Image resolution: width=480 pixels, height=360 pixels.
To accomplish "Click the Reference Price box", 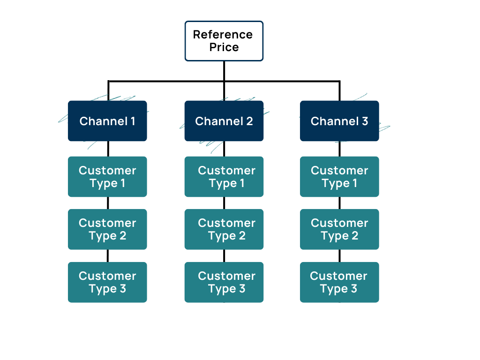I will click(224, 41).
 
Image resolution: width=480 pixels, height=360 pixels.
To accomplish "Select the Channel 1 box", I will click(107, 121).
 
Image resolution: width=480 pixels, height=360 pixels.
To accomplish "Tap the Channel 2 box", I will click(224, 121).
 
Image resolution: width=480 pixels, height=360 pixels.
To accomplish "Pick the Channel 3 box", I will click(339, 121).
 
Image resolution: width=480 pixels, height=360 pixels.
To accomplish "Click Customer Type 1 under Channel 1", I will click(107, 177).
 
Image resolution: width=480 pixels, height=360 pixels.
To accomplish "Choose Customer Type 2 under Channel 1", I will click(107, 229).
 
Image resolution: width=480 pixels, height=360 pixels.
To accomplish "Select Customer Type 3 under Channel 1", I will click(107, 282).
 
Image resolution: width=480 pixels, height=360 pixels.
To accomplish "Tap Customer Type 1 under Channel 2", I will click(224, 177).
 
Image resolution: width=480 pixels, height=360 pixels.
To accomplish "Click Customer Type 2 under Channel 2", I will click(224, 229).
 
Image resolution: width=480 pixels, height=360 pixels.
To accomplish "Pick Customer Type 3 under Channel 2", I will click(224, 282).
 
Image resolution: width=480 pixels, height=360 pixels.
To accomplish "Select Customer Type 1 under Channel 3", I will click(339, 177).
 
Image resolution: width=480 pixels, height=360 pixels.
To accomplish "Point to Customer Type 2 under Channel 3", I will click(339, 229).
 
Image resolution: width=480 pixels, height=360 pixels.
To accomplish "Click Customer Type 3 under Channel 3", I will click(339, 282).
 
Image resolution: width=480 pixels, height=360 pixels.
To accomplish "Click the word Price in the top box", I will click(224, 47).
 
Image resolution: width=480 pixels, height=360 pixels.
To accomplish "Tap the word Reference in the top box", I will click(223, 35).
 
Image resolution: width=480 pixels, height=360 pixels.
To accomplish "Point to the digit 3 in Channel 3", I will click(365, 121).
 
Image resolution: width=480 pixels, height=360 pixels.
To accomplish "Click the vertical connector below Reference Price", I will click(224, 71).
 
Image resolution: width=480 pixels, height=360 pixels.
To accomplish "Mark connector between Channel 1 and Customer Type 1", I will click(108, 149).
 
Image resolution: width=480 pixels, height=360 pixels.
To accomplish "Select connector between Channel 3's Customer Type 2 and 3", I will click(339, 255).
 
